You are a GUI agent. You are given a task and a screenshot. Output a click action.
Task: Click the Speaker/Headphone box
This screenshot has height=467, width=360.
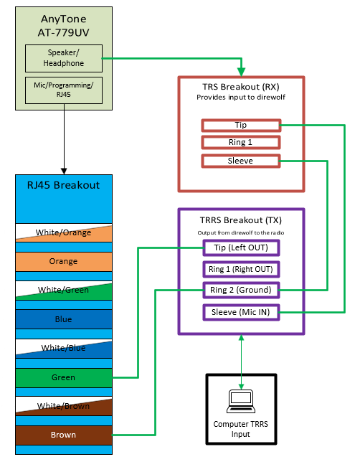(64, 58)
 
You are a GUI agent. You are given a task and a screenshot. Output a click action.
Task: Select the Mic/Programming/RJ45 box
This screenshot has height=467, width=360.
(64, 90)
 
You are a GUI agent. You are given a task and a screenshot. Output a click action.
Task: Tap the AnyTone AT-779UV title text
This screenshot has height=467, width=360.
(63, 26)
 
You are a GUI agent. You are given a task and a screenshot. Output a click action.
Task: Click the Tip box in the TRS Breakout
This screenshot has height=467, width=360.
(241, 126)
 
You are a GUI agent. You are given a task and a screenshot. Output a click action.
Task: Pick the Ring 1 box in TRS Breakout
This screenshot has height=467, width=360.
(241, 142)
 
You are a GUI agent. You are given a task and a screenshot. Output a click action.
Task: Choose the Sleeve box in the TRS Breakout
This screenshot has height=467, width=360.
(241, 161)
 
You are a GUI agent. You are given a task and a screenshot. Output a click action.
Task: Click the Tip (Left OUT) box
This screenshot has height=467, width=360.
(241, 247)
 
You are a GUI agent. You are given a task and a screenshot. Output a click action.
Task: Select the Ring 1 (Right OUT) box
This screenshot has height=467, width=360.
(241, 269)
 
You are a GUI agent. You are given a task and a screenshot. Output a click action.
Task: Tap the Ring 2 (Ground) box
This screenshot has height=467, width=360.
(241, 290)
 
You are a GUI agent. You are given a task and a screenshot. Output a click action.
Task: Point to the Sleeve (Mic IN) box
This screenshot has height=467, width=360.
(241, 312)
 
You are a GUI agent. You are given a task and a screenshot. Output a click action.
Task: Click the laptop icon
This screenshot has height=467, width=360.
(241, 401)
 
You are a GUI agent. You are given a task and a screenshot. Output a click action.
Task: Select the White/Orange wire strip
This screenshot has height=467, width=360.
(64, 232)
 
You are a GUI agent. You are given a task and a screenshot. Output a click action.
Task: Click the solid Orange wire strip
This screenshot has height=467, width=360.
(64, 262)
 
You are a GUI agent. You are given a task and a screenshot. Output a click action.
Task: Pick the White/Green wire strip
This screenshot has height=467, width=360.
(64, 291)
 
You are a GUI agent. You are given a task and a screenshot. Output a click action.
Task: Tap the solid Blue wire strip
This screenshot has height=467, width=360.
(64, 319)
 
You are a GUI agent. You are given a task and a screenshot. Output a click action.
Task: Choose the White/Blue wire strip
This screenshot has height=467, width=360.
(64, 349)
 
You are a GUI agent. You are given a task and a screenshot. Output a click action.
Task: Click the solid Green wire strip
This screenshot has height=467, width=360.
(64, 377)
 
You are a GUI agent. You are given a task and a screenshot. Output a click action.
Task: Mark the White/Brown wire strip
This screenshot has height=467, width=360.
(64, 406)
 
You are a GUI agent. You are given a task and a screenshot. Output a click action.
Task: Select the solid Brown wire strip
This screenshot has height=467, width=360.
(64, 435)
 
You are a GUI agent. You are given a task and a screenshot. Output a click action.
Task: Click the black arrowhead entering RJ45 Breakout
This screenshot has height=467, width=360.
(64, 171)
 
